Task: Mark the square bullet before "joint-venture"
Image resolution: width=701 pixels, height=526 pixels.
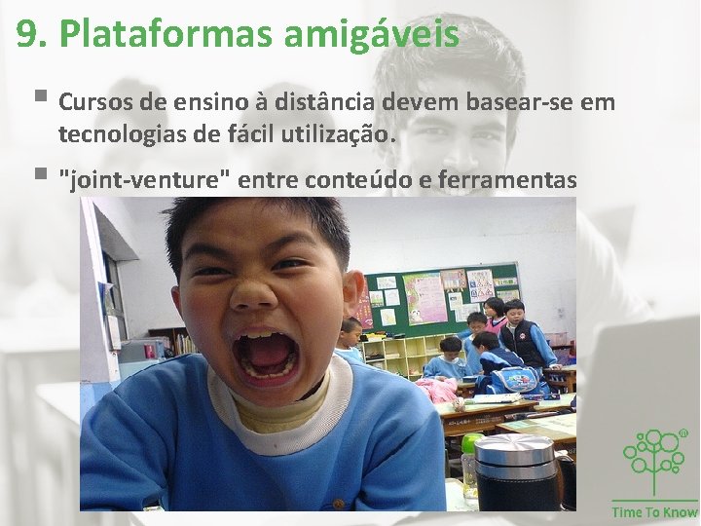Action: [39, 176]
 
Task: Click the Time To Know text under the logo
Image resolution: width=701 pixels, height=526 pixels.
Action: [654, 511]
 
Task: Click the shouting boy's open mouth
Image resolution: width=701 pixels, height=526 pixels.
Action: [266, 355]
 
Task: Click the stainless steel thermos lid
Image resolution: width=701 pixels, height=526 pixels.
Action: [515, 454]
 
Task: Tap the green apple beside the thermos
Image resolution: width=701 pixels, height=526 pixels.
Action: [470, 444]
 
